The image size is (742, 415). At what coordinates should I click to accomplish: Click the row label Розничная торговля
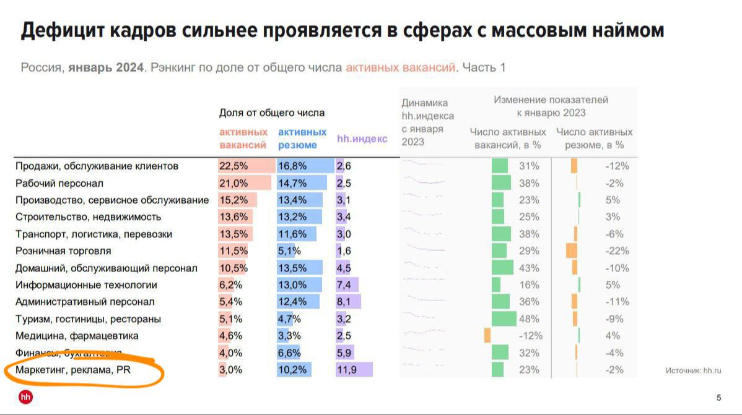63,251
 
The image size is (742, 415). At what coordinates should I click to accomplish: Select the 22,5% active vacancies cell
234,166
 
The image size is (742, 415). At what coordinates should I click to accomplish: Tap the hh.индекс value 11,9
345,370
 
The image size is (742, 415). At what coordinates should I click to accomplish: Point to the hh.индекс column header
362,139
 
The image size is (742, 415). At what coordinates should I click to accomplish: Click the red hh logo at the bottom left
26,397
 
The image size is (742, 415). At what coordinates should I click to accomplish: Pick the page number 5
718,398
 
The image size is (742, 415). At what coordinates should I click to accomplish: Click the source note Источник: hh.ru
693,370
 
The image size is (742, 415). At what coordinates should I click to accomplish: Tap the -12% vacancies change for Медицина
530,336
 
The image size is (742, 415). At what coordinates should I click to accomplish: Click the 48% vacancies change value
531,319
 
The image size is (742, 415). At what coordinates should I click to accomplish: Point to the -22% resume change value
617,251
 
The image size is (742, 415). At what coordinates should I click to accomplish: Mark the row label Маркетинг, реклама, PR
73,370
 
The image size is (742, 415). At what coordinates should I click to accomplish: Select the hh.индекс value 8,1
344,302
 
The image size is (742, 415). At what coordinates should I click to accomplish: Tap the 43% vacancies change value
531,268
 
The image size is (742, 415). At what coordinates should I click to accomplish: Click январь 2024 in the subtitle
106,67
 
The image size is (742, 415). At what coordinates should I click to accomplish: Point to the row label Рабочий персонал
59,184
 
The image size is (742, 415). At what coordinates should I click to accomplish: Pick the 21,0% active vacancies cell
234,184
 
